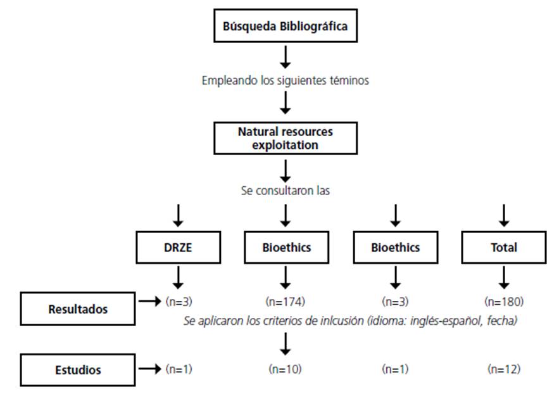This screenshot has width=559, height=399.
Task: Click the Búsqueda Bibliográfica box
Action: click(285, 27)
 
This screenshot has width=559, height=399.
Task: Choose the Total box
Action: click(504, 248)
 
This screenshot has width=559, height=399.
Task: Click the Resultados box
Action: click(78, 309)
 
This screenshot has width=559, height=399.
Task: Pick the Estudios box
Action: click(78, 370)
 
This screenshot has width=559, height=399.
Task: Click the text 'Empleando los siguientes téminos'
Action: click(285, 81)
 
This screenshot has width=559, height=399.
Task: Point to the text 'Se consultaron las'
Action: click(285, 190)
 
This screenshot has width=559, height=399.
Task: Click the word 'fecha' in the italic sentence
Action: click(504, 322)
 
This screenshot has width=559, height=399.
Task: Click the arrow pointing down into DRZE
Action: click(178, 215)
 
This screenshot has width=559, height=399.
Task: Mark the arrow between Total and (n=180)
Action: click(504, 277)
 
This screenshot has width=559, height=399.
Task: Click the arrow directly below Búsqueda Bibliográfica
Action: click(285, 57)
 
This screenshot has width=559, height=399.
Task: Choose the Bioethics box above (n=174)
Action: click(286, 248)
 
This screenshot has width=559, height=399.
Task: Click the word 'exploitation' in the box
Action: click(285, 145)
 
